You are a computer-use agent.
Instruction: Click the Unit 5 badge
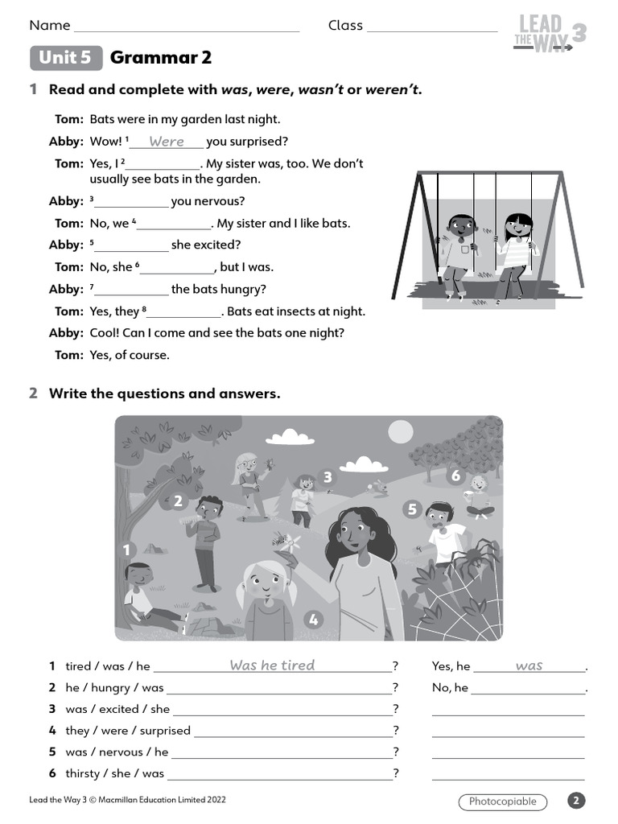[x=66, y=58]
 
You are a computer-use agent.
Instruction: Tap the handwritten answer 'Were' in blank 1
[x=167, y=142]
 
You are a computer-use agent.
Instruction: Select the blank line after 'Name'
[x=187, y=27]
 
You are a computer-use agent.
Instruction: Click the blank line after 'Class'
[x=432, y=27]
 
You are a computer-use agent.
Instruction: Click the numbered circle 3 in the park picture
[x=327, y=477]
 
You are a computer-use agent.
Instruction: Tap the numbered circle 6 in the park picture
[x=455, y=476]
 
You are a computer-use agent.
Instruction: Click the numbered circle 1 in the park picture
[x=126, y=550]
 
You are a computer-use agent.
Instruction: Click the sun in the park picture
[x=400, y=432]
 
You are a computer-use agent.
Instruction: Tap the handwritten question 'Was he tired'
[x=272, y=665]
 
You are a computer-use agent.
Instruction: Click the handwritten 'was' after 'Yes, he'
[x=529, y=665]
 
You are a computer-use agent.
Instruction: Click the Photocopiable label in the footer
[x=502, y=801]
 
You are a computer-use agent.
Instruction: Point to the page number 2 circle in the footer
[x=576, y=801]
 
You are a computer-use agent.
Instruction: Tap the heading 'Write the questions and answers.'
[x=165, y=393]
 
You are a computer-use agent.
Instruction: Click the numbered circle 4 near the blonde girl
[x=313, y=620]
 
